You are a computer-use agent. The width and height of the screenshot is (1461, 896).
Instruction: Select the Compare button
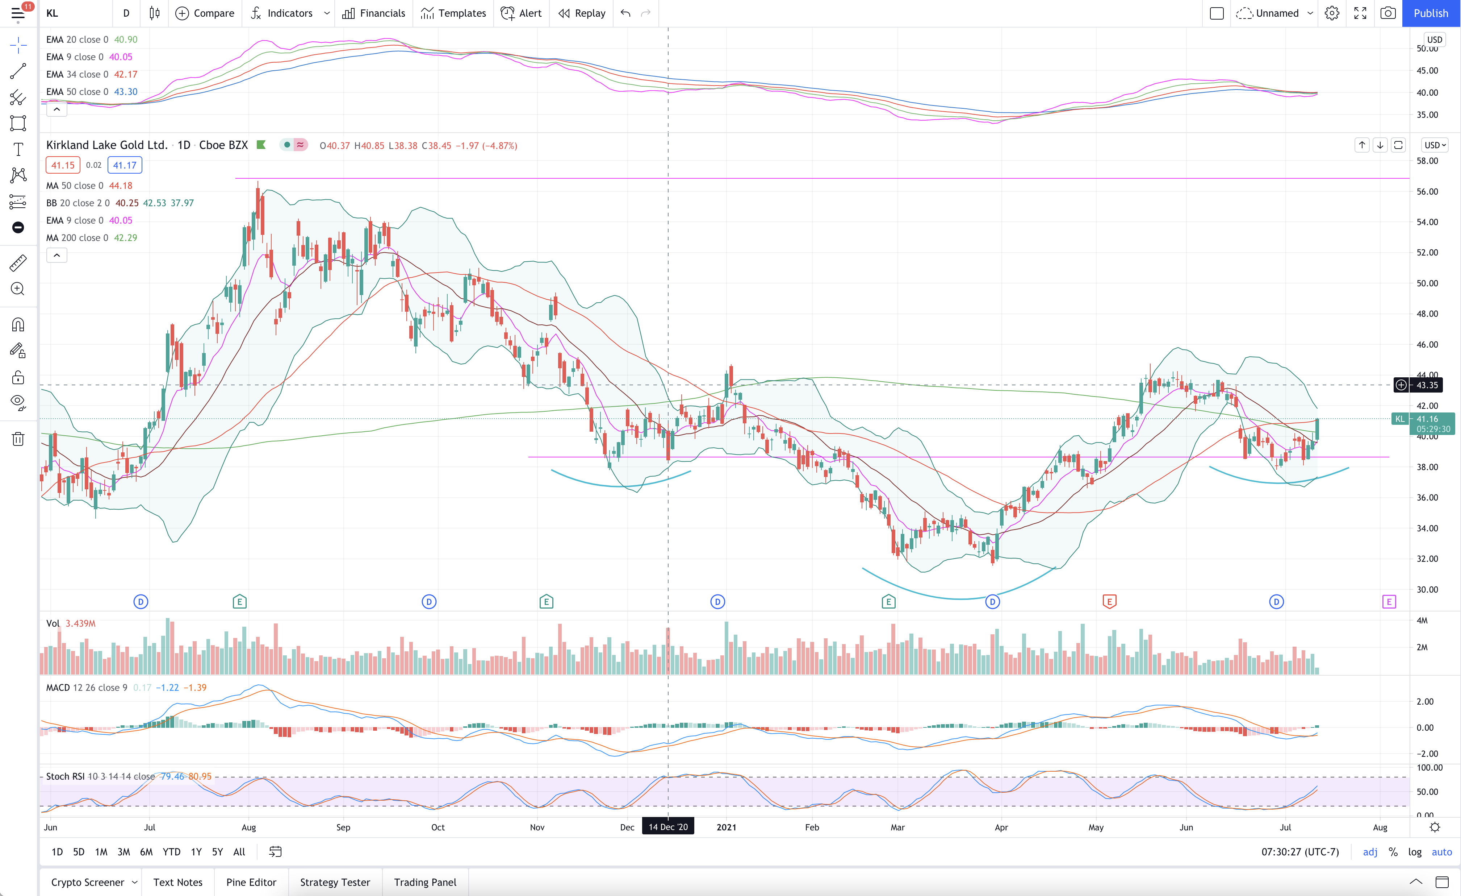tap(205, 13)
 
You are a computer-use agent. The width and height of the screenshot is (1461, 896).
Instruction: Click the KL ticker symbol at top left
tap(52, 13)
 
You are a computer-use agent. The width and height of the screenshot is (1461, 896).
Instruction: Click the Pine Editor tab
tap(251, 882)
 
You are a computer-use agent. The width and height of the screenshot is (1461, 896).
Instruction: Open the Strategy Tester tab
tap(335, 882)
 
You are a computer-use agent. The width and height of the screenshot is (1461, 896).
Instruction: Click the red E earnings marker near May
tap(1109, 602)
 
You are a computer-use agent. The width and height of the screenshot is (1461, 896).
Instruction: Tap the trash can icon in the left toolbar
tap(18, 439)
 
